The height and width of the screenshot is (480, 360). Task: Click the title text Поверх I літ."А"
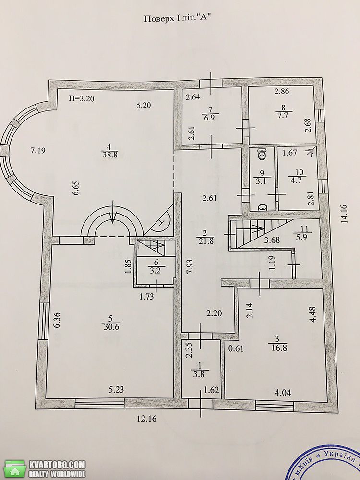pyautogui.click(x=178, y=18)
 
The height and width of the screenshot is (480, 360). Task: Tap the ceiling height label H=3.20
pyautogui.click(x=82, y=98)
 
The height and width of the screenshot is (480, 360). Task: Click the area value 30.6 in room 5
pyautogui.click(x=111, y=327)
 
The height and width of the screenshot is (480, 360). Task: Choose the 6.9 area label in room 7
pyautogui.click(x=210, y=118)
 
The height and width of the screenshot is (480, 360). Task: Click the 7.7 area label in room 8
pyautogui.click(x=284, y=116)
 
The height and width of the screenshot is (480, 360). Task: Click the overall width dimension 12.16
pyautogui.click(x=146, y=419)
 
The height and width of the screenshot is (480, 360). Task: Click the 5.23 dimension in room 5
pyautogui.click(x=117, y=390)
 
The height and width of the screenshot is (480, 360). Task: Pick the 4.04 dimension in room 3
pyautogui.click(x=283, y=393)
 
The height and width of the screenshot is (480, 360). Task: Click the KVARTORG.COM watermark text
pyautogui.click(x=57, y=464)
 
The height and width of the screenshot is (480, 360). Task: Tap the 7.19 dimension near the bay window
pyautogui.click(x=38, y=150)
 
